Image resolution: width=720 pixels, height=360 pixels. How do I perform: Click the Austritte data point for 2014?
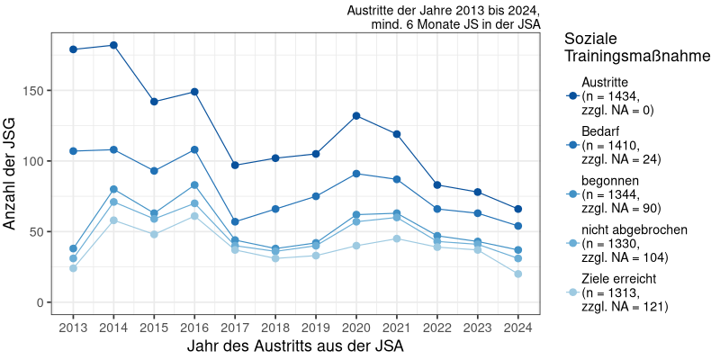click(x=113, y=45)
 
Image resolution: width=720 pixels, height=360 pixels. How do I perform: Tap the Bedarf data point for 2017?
click(x=235, y=221)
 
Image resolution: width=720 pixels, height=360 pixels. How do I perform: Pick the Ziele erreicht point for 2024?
click(x=518, y=274)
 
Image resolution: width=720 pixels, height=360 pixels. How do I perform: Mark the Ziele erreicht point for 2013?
click(x=73, y=268)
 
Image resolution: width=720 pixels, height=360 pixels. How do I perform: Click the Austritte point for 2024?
click(x=518, y=209)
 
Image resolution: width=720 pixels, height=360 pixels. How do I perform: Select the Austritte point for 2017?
click(x=235, y=165)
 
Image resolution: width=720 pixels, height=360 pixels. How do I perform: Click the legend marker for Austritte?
click(x=571, y=96)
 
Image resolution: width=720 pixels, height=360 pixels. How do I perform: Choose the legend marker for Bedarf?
click(x=571, y=145)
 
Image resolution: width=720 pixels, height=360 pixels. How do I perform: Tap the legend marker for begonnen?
click(x=571, y=194)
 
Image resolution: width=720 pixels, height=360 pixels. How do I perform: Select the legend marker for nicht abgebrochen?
click(x=571, y=243)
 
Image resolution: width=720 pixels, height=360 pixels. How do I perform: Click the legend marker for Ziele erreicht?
click(x=571, y=292)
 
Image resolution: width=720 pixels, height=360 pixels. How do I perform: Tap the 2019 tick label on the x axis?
click(x=316, y=327)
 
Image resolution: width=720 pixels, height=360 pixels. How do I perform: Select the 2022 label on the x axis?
click(x=437, y=327)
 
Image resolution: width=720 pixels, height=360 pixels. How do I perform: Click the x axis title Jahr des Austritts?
click(x=295, y=346)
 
